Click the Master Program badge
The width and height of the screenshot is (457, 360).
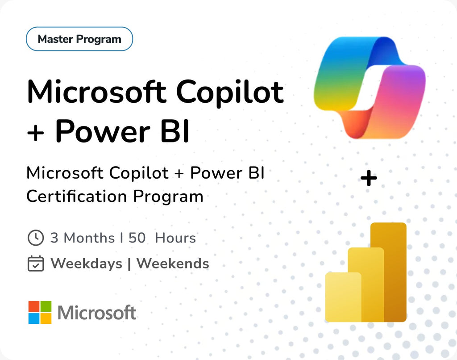click(79, 39)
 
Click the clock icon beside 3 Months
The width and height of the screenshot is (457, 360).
click(36, 238)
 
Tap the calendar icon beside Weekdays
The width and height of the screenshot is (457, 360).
click(36, 264)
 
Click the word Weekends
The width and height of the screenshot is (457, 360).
click(173, 264)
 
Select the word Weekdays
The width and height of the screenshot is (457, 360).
click(86, 264)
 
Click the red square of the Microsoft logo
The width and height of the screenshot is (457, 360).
click(34, 306)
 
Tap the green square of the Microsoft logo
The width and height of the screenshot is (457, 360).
click(46, 306)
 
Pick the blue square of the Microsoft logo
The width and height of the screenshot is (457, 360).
click(34, 318)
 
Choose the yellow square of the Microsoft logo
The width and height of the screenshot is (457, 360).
click(46, 318)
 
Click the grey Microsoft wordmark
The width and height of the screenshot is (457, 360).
click(97, 313)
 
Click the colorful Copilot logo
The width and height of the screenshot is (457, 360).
click(369, 87)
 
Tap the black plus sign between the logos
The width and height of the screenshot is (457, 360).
click(369, 179)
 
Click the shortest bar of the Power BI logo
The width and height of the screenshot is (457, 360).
click(343, 297)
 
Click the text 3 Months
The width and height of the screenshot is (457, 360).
click(83, 238)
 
